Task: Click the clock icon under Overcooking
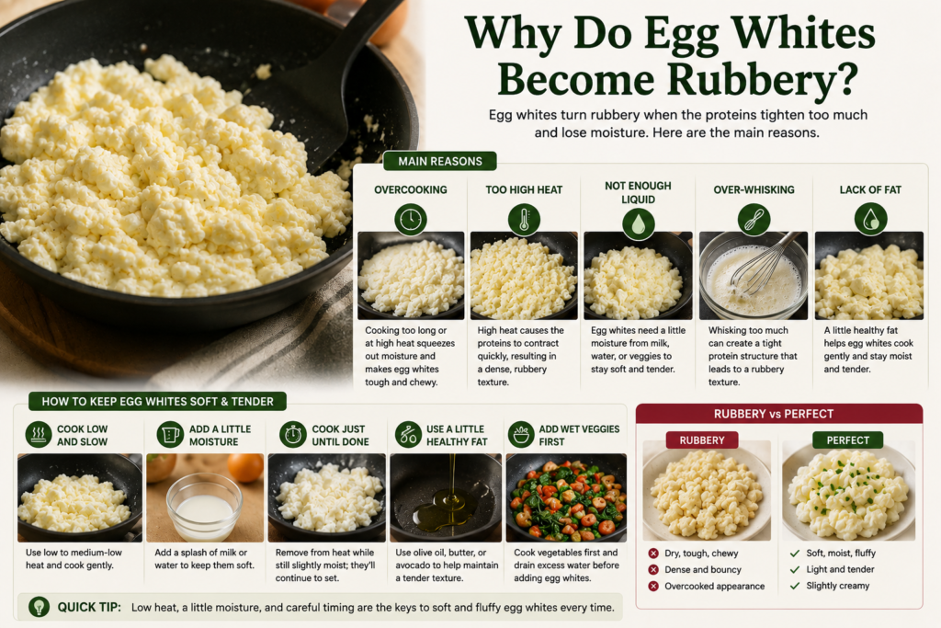click(411, 219)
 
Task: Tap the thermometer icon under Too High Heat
click(524, 219)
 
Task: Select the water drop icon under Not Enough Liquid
click(638, 224)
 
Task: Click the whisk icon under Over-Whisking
click(754, 219)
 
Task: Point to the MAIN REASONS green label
click(440, 161)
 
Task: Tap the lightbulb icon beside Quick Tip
click(39, 606)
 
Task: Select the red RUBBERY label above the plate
click(701, 440)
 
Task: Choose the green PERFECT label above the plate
click(847, 440)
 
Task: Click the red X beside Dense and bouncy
click(653, 569)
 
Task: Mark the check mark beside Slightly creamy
click(795, 586)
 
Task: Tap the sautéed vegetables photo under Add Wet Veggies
click(566, 497)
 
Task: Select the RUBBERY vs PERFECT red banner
click(779, 414)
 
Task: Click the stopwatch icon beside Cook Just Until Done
click(293, 434)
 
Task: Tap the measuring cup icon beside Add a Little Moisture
click(170, 434)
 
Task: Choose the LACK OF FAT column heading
click(870, 189)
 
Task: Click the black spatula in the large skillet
click(324, 90)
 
